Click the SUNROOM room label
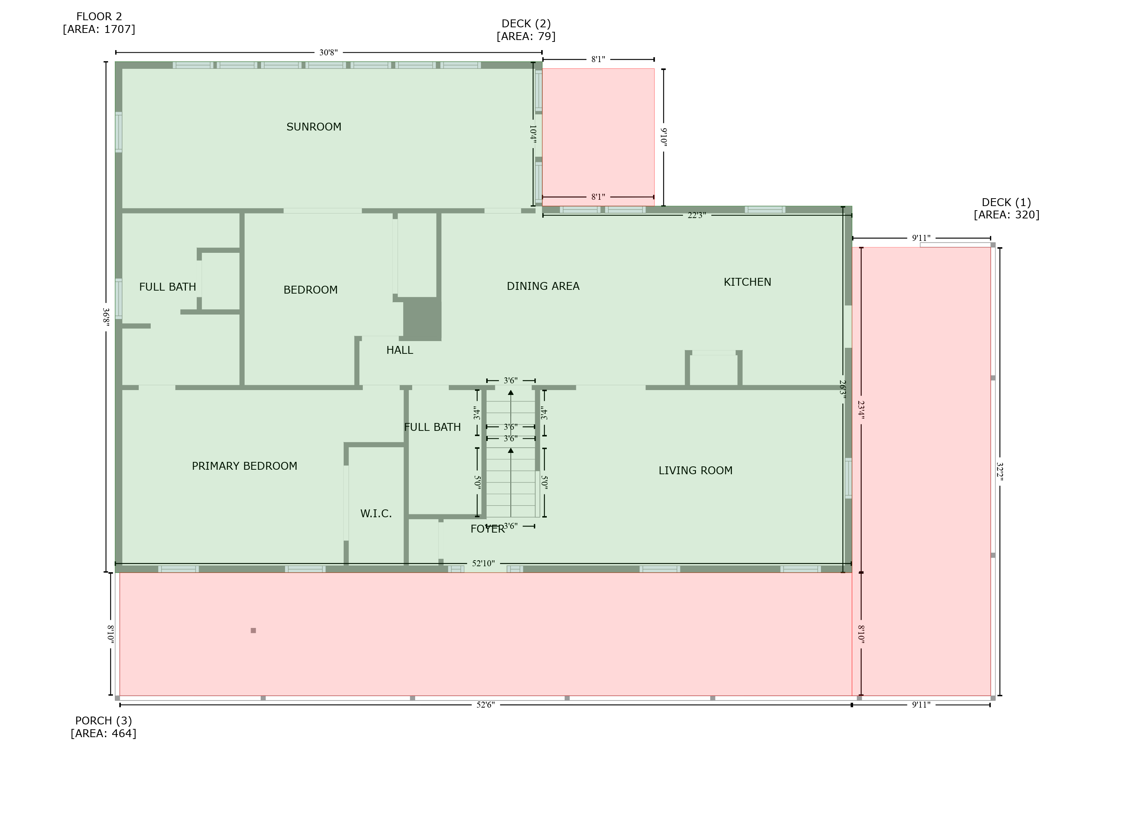coord(313,127)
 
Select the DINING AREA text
coord(543,286)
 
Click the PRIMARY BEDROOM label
coord(244,466)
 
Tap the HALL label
coord(400,350)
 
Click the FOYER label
coord(487,529)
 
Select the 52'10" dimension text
coord(483,563)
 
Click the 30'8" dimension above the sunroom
coord(328,52)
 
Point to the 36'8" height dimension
coord(106,317)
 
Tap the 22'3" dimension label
coord(696,215)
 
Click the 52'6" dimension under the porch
coord(485,705)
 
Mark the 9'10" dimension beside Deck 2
coord(663,137)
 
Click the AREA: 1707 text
coord(99,29)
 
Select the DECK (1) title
coord(1006,202)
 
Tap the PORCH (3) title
coord(103,720)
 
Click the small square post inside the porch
coord(253,630)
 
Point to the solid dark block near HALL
coord(422,319)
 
